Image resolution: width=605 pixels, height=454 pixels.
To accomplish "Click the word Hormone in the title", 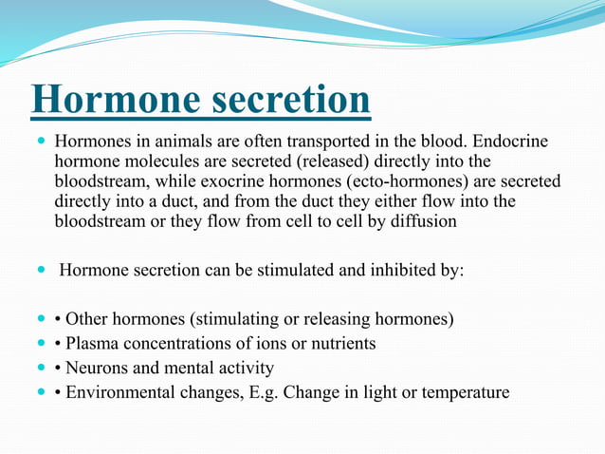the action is [116, 99].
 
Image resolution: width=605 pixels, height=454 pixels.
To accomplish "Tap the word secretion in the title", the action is [291, 99].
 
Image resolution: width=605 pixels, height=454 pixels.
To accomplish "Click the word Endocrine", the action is [510, 141].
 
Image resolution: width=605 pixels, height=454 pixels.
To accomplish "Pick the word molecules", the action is [162, 161].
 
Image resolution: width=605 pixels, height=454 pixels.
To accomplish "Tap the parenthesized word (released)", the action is [333, 161].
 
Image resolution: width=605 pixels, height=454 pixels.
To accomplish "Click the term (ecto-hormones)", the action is [407, 181].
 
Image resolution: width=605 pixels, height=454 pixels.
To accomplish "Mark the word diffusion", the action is [424, 221].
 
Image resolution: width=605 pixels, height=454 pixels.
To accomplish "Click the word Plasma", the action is [92, 343].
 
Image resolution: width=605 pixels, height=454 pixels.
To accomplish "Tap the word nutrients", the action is [343, 344].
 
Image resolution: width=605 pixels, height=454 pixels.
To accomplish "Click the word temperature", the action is [466, 393].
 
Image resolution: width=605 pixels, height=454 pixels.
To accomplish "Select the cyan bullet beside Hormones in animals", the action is [42, 140].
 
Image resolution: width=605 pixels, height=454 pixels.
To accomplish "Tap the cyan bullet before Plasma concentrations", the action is [42, 342].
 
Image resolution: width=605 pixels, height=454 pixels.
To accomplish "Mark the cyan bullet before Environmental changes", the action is [42, 391].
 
